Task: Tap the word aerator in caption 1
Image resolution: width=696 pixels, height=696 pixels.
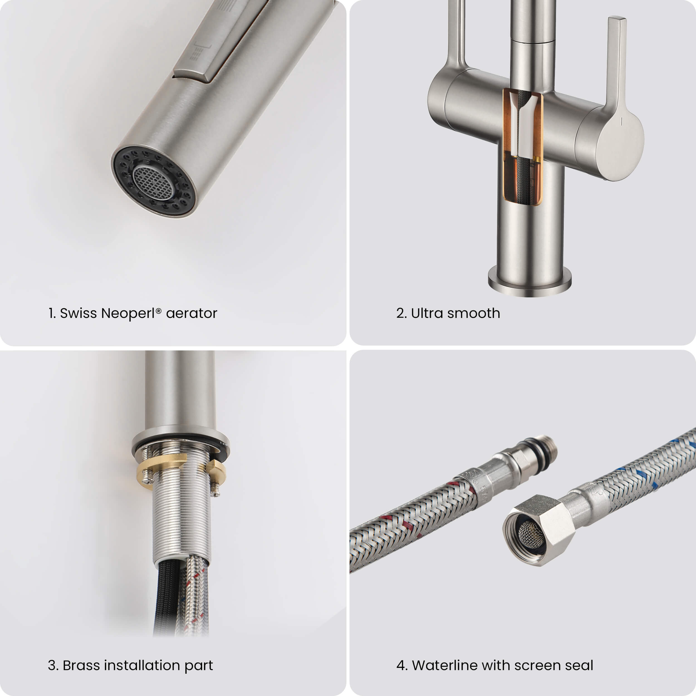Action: [x=191, y=313]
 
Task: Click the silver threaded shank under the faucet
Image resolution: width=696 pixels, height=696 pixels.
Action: [x=180, y=519]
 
